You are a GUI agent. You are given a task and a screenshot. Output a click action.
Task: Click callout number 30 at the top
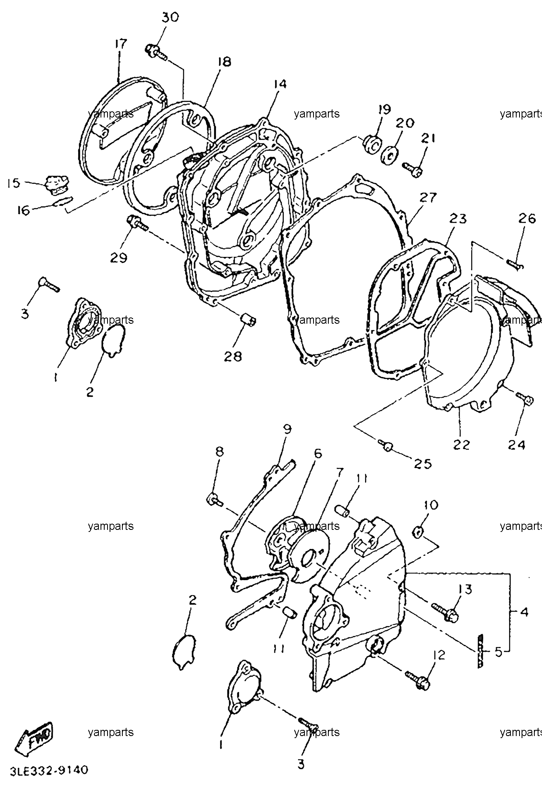(170, 18)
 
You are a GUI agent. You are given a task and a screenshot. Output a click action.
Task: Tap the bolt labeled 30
(156, 52)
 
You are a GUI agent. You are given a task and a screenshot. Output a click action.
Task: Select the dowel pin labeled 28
(248, 319)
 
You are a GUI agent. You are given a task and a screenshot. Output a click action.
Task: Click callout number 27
(428, 198)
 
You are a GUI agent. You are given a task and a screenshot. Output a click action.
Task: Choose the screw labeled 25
(386, 445)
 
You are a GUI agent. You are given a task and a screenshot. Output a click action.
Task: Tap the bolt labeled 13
(445, 611)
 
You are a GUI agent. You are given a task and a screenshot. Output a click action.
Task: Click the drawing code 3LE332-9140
(47, 770)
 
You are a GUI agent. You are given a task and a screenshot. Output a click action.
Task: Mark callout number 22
(461, 445)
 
